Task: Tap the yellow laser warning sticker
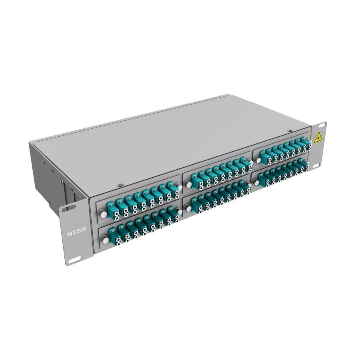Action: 318,137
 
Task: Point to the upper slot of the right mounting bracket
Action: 322,125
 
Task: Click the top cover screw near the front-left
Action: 120,184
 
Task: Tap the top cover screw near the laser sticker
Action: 290,130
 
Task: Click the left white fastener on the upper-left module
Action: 103,215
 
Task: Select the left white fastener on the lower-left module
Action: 105,240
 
